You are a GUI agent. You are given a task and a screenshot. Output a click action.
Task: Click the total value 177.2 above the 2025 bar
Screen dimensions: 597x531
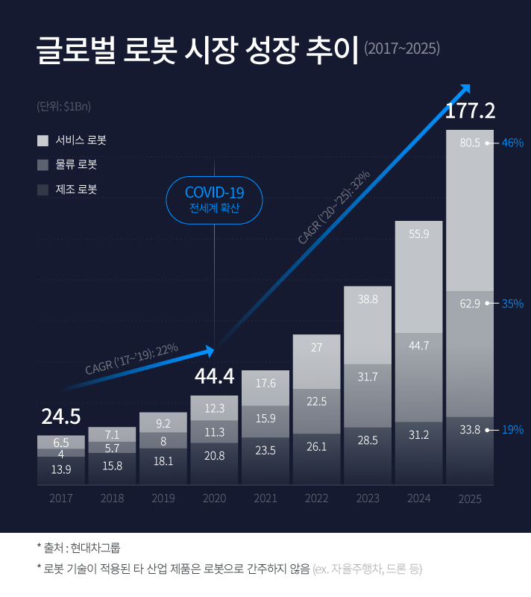click(470, 111)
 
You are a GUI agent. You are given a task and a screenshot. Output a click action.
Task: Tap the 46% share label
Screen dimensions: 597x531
click(512, 143)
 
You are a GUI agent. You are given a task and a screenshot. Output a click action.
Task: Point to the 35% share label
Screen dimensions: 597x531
click(512, 304)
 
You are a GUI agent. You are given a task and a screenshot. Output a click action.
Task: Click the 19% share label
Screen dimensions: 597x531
click(512, 430)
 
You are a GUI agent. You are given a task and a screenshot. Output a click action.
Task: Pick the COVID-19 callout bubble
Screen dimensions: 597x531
click(215, 200)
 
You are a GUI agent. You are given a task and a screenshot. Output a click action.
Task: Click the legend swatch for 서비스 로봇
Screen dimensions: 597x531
click(43, 140)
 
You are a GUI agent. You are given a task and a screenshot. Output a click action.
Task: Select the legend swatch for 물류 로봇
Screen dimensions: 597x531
click(43, 165)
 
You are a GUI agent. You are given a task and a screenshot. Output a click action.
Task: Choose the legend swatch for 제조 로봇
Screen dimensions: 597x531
click(43, 190)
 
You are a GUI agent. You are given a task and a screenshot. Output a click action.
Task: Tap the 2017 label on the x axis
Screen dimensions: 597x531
click(60, 498)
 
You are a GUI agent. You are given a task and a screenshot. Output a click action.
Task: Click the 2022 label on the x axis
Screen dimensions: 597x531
click(316, 498)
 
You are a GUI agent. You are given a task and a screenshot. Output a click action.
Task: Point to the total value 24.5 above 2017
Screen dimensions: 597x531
click(60, 416)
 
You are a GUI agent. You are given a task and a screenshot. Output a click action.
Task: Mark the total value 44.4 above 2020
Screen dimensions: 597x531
click(215, 378)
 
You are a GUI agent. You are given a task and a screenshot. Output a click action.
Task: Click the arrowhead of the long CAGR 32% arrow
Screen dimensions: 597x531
click(465, 88)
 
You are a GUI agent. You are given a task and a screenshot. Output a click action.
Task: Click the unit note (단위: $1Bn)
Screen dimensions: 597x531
click(63, 106)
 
